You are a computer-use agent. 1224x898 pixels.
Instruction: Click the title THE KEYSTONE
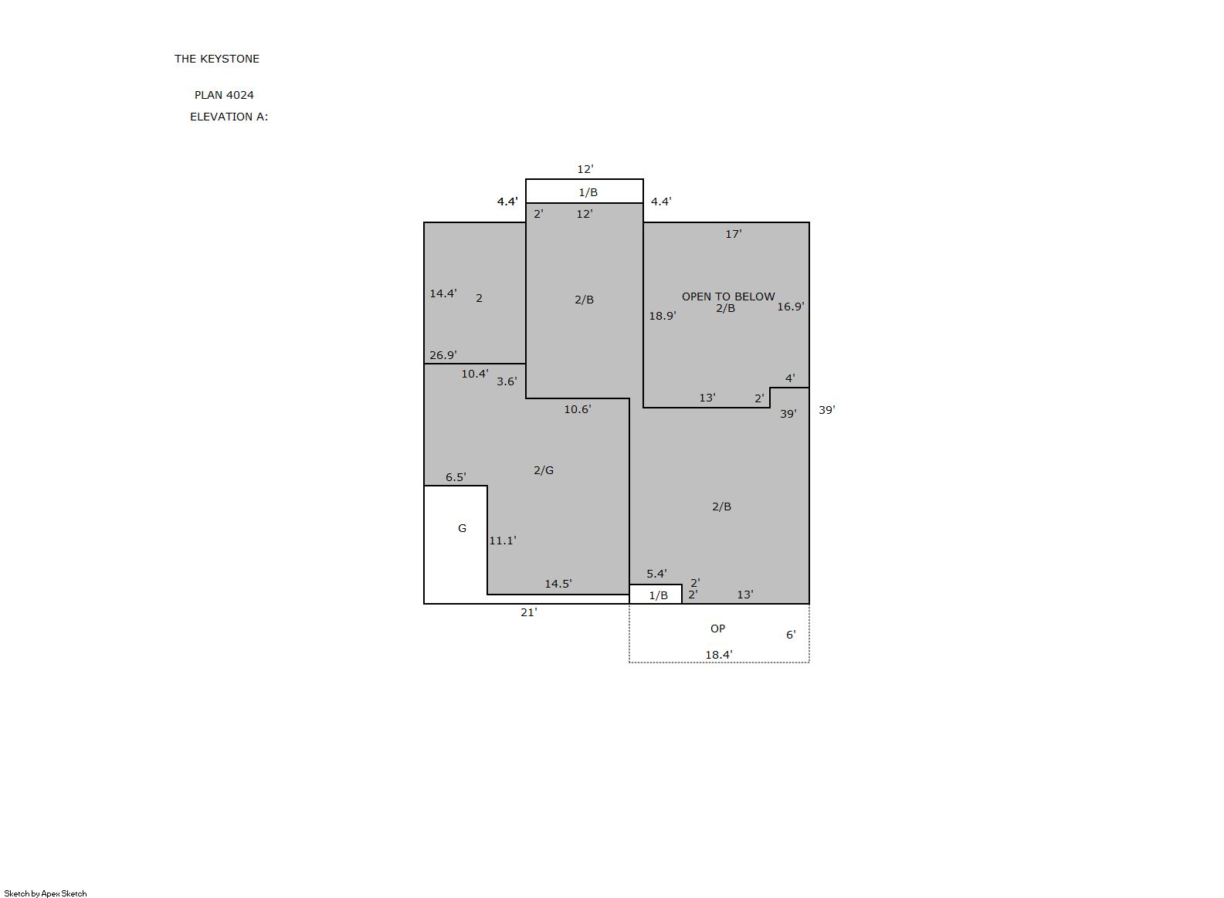(x=217, y=59)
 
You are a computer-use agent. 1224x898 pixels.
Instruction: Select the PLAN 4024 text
(x=224, y=95)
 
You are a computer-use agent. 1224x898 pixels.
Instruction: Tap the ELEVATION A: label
(x=229, y=117)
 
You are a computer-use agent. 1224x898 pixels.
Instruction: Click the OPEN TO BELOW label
(x=728, y=297)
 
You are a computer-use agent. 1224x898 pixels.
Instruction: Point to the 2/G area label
(x=544, y=470)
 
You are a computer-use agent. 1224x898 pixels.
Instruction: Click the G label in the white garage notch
(x=462, y=528)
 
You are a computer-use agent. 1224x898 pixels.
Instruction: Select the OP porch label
(x=717, y=629)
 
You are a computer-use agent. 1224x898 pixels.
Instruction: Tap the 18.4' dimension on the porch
(x=718, y=655)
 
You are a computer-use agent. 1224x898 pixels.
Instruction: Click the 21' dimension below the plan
(x=528, y=613)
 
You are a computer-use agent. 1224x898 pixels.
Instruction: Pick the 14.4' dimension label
(x=443, y=294)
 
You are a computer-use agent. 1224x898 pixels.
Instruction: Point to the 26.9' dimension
(x=443, y=356)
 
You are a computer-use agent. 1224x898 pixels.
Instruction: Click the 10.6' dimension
(x=578, y=409)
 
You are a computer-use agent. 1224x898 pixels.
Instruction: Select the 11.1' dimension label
(x=503, y=540)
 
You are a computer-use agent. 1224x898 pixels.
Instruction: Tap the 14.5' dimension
(x=558, y=584)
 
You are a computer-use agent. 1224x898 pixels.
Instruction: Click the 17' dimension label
(x=734, y=234)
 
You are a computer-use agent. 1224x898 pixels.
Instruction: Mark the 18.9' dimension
(x=663, y=316)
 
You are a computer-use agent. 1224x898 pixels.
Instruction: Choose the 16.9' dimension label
(x=791, y=307)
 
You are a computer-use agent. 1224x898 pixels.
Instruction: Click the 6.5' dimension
(x=456, y=477)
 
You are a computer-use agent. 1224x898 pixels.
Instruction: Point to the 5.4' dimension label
(x=657, y=574)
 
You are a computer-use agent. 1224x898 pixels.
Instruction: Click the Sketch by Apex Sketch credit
(x=46, y=893)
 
